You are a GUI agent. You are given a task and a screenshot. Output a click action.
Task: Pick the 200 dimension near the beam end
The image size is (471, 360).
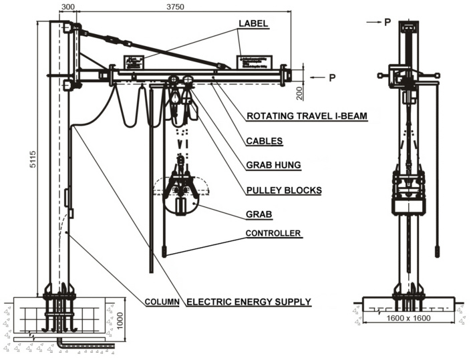[x=300, y=92]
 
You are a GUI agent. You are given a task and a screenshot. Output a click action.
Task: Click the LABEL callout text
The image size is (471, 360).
[x=253, y=23]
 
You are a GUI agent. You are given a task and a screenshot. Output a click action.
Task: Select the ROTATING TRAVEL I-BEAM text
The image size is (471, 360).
[x=307, y=116]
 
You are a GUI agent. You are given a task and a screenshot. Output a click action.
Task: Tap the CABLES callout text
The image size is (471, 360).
[x=264, y=141]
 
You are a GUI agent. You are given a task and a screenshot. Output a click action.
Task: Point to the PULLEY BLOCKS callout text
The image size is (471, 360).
[x=283, y=190]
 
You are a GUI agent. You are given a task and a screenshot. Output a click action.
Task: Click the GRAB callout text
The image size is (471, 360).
[x=259, y=216]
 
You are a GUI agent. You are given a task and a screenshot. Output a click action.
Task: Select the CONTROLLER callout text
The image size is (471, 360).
[x=273, y=233]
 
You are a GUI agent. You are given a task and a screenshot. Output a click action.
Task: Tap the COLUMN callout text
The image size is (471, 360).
[x=162, y=302]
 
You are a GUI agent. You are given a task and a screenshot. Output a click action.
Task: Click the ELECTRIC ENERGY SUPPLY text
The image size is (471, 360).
[x=249, y=302]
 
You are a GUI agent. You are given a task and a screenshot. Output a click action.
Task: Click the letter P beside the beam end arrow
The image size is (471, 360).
[x=332, y=77]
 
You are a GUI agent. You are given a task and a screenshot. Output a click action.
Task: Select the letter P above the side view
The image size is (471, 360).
[x=387, y=22]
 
